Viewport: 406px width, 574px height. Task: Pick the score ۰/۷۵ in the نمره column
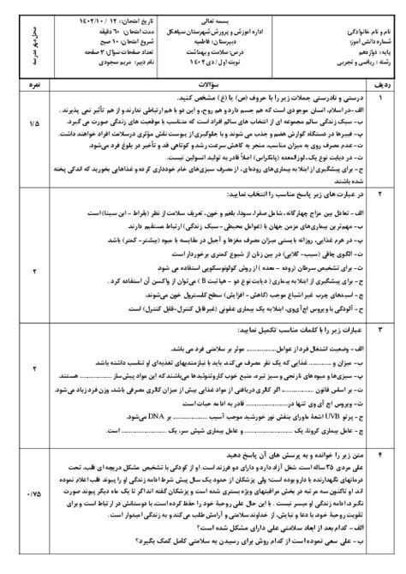click(33, 495)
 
